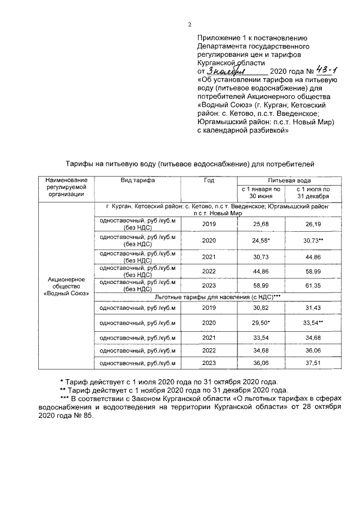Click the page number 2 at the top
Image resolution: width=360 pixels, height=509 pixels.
coord(190,24)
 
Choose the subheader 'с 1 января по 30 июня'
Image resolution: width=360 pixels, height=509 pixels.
coord(261,193)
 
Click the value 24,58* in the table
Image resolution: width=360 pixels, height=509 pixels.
coord(262,240)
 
